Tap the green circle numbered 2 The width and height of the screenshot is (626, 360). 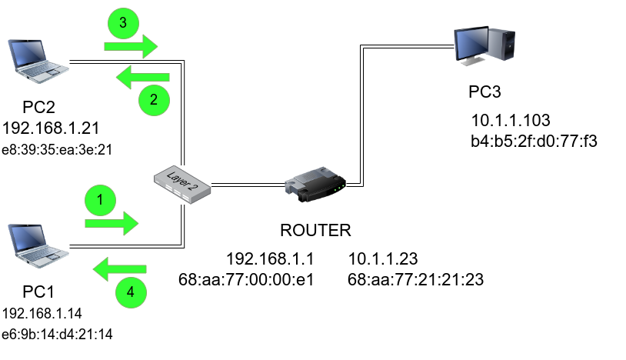tap(154, 98)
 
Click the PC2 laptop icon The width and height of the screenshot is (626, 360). tap(36, 62)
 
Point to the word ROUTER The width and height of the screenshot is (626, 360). tap(315, 231)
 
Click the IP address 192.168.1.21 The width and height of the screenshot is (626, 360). tap(52, 127)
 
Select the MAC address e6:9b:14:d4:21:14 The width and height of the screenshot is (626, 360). tap(58, 334)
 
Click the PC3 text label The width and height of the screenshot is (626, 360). tap(485, 92)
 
